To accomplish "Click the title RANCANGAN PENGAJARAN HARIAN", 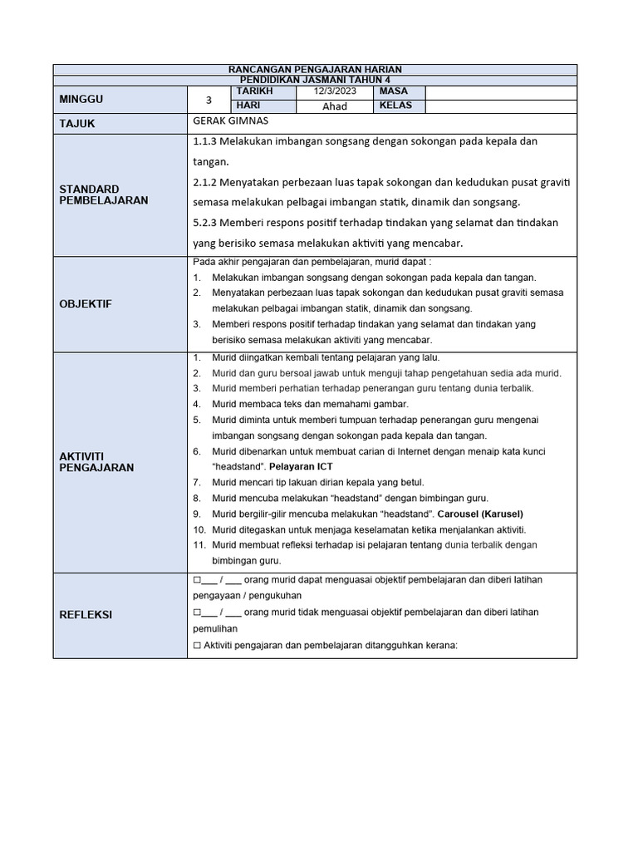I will tap(314, 70).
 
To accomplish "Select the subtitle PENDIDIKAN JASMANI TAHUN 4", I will tap(314, 80).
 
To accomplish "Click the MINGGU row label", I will tap(81, 100).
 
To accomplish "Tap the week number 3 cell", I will tap(209, 100).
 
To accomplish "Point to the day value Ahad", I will tap(334, 106).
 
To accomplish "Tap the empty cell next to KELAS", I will tap(500, 106).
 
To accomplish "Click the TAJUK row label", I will tap(77, 123).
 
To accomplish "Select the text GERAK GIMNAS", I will tap(224, 121).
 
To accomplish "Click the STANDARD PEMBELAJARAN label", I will tap(104, 194).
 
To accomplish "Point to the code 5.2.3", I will tap(205, 223).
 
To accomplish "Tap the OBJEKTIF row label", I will tap(85, 304).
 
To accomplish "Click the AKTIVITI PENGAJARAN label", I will tap(96, 461).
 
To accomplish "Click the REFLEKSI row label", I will tap(86, 615).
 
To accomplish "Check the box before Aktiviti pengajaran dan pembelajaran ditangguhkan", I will tap(197, 646).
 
